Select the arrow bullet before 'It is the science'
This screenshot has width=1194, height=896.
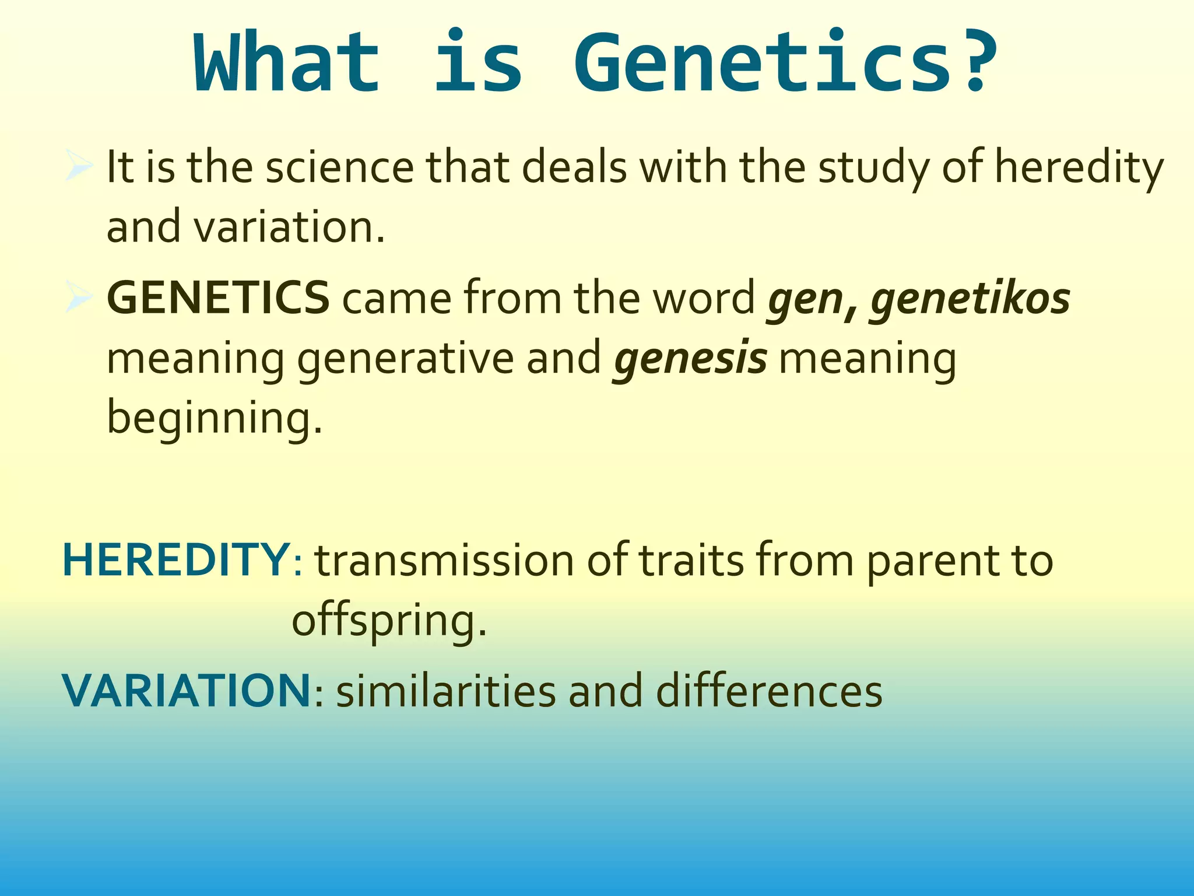78,166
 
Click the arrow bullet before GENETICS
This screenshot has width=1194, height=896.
78,297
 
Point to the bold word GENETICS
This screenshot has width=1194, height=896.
218,298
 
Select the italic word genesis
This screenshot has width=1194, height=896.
690,359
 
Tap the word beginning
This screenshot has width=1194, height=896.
213,419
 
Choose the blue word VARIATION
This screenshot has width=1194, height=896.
187,691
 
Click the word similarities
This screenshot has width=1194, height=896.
446,691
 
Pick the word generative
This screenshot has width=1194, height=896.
405,359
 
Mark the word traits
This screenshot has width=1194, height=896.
691,560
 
